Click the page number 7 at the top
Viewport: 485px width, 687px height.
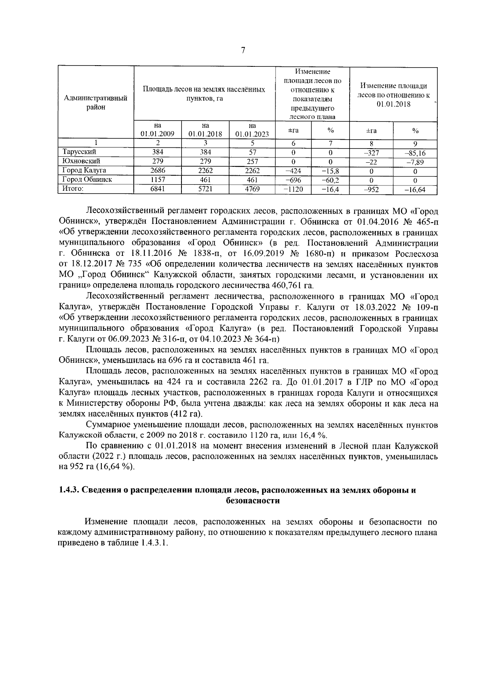click(242, 50)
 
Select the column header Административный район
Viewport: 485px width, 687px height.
click(96, 102)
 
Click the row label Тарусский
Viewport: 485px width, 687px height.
click(79, 152)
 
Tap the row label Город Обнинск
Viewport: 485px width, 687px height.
click(86, 179)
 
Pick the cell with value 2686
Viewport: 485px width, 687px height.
click(158, 170)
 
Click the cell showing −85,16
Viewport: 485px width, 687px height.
click(415, 153)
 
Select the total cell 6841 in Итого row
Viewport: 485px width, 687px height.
click(158, 189)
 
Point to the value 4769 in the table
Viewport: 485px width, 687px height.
click(252, 189)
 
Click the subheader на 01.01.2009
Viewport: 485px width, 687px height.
click(158, 130)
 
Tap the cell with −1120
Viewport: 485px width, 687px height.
click(293, 189)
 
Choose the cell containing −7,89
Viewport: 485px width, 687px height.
click(415, 162)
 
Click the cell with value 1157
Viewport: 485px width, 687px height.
click(158, 179)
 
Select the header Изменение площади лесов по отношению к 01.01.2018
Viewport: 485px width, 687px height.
click(393, 95)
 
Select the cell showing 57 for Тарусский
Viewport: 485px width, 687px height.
click(252, 152)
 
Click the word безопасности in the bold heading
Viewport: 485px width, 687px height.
click(253, 501)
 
